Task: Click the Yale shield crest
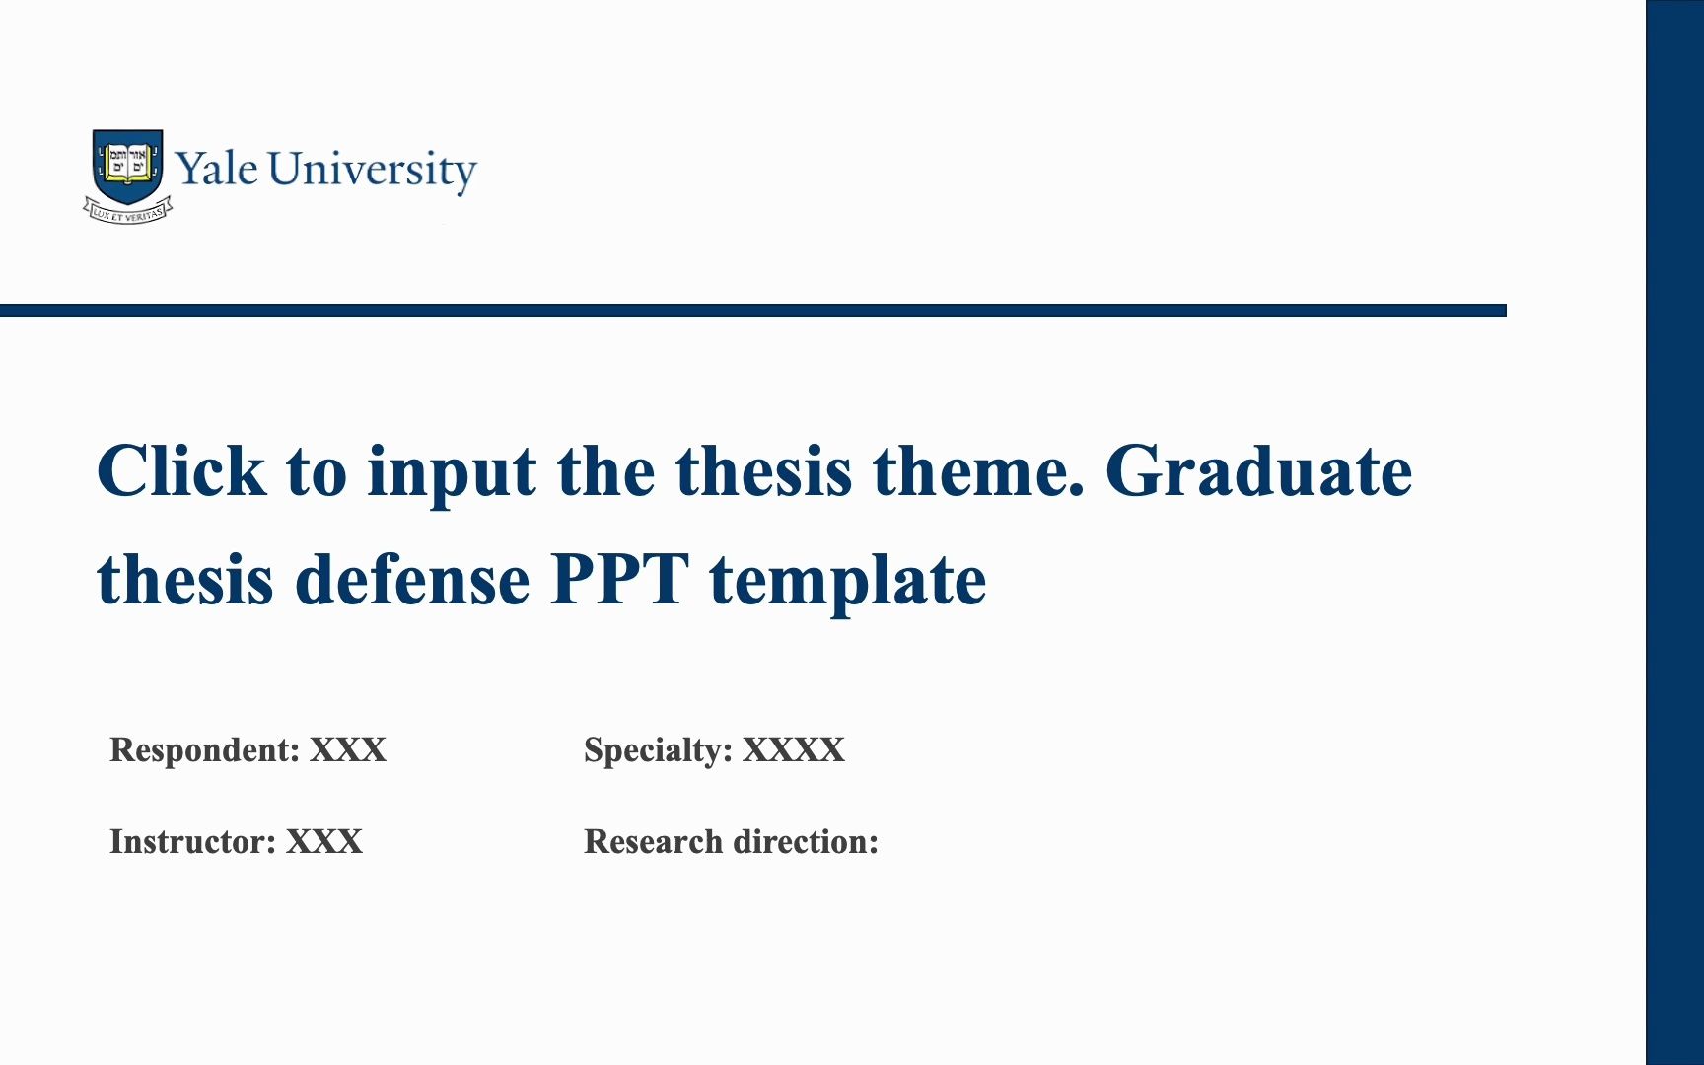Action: [128, 165]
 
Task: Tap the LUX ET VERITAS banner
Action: [128, 211]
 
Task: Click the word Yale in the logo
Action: [217, 169]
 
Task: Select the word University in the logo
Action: [372, 171]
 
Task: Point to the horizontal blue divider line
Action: [753, 310]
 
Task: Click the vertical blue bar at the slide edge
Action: [1674, 532]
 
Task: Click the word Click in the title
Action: [181, 470]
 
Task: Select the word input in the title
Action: [452, 475]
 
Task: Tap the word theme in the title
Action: [977, 470]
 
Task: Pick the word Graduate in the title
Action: [1258, 470]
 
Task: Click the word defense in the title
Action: [412, 579]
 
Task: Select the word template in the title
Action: [847, 583]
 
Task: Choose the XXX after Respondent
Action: [348, 749]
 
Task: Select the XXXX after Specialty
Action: [794, 749]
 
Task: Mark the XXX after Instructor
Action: [324, 841]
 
